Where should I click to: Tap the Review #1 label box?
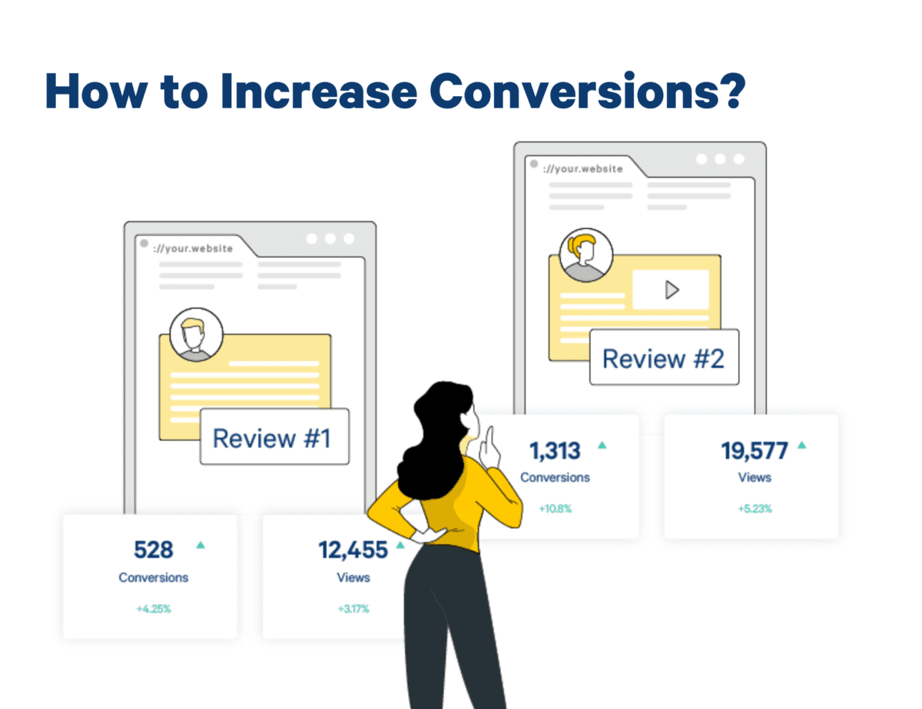(274, 437)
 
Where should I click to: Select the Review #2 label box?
(663, 358)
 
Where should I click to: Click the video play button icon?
(672, 290)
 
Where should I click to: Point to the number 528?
(154, 550)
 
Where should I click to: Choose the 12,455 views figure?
(353, 550)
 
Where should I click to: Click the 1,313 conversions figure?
(555, 451)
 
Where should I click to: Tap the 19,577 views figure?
(755, 451)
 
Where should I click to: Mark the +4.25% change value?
(154, 609)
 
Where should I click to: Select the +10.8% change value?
(555, 509)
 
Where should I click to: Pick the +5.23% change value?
(755, 509)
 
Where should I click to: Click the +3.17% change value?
(353, 609)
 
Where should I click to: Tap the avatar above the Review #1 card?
(197, 334)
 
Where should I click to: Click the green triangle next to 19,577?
(801, 445)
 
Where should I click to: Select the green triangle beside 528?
(201, 545)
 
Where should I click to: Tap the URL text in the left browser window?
(192, 248)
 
